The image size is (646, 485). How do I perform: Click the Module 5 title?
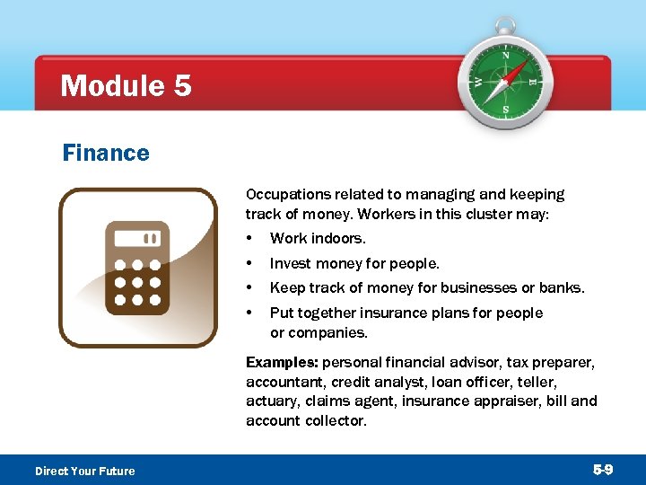point(126,86)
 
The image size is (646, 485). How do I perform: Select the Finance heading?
point(106,154)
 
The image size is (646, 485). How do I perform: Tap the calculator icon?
point(137,268)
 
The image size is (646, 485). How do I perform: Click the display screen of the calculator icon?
point(137,239)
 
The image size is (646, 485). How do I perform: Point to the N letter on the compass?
point(505,56)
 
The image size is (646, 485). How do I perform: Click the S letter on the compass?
point(505,110)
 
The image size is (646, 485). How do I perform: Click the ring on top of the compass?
point(505,24)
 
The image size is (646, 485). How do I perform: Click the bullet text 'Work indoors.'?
point(318,239)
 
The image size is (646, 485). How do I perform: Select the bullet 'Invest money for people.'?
point(354,264)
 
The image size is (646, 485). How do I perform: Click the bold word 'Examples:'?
point(282,362)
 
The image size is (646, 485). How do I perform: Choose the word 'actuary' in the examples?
point(270,401)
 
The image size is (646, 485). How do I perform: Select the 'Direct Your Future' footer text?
point(85,471)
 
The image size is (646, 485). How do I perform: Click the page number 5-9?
point(604,470)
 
